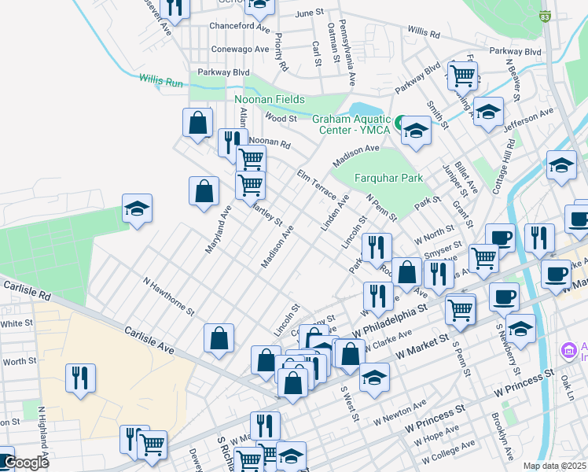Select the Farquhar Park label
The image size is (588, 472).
388,178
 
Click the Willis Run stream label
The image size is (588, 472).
161,79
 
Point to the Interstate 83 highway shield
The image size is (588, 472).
546,15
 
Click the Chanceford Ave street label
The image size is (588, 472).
240,25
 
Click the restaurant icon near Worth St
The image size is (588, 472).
81,378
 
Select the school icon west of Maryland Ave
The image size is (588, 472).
137,208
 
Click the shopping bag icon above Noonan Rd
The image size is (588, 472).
197,123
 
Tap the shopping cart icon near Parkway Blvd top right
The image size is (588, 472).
462,76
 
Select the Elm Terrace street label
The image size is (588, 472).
316,182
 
